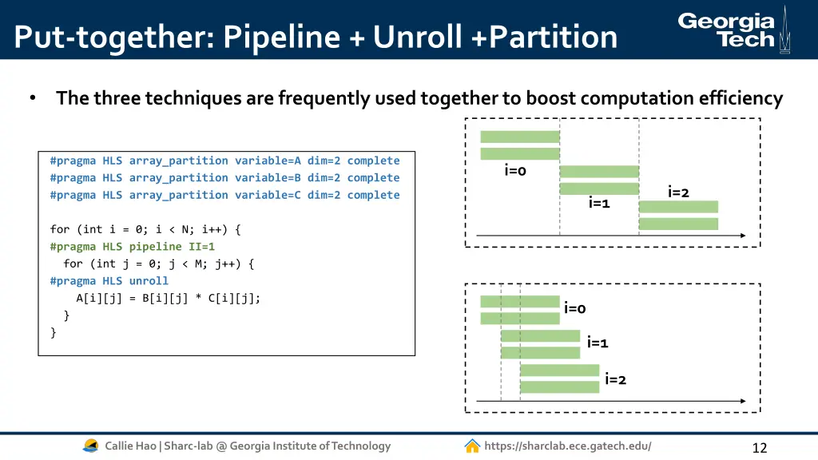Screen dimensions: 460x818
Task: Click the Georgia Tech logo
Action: point(733,30)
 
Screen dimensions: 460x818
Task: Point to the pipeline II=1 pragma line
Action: point(132,247)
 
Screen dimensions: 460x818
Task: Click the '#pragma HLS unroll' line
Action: point(109,281)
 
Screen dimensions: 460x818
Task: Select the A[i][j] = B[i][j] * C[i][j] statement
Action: point(168,298)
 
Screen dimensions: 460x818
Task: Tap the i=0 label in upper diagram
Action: point(515,170)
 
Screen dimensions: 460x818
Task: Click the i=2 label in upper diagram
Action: point(678,192)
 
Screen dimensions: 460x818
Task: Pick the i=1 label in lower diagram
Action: point(598,343)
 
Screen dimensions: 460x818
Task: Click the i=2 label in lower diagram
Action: point(615,379)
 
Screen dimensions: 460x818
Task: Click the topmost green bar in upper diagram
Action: point(519,137)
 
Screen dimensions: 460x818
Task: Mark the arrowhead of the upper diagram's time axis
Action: point(742,236)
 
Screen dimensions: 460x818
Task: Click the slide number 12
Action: point(759,448)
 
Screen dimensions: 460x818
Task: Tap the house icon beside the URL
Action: point(472,446)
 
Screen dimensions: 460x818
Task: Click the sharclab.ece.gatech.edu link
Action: point(567,446)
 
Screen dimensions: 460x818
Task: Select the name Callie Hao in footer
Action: point(130,446)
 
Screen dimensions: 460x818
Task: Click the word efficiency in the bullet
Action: point(739,98)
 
